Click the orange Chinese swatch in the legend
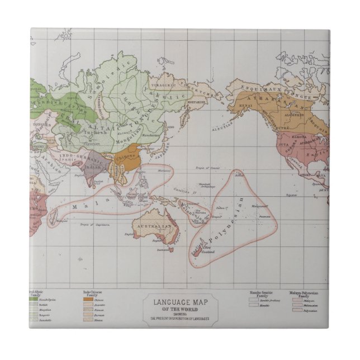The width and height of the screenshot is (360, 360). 88,300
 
